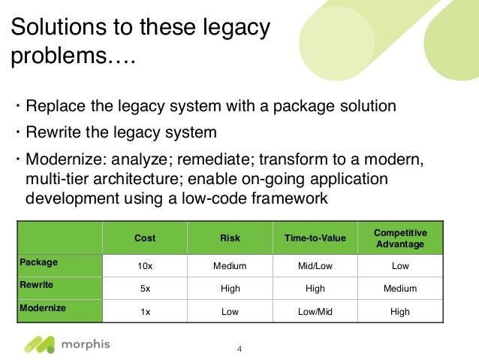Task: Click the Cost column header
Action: tap(145, 238)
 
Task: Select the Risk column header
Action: tap(230, 238)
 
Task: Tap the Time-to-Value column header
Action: tap(315, 238)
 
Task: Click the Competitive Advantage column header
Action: tap(399, 237)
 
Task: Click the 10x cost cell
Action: tap(145, 265)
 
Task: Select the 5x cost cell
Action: tap(145, 289)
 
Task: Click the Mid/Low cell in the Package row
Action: tap(315, 265)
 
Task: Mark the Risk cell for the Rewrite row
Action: tap(230, 289)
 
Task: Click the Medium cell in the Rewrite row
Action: tap(399, 289)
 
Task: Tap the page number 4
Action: tap(239, 349)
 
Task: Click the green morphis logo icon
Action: tap(39, 344)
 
